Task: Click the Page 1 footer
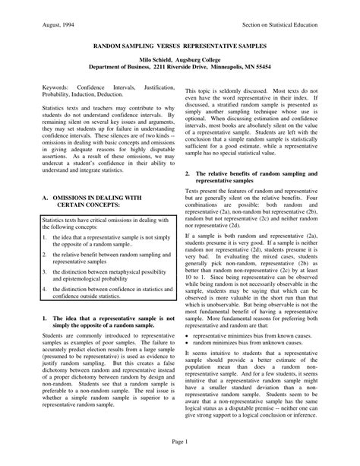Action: click(x=180, y=441)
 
